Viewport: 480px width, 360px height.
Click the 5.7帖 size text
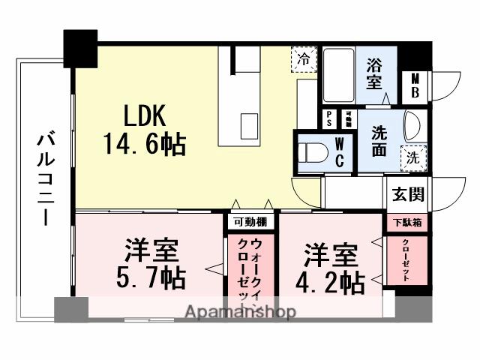[x=151, y=278]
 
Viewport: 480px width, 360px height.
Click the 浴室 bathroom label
[x=375, y=73]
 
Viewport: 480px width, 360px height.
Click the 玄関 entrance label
[x=408, y=194]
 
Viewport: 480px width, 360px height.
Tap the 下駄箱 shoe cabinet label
[x=408, y=222]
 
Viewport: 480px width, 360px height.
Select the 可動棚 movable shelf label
[x=250, y=221]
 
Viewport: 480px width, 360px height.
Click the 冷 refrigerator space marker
[x=304, y=58]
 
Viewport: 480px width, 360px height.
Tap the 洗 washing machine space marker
[x=412, y=157]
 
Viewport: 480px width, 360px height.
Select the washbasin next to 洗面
[x=412, y=124]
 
